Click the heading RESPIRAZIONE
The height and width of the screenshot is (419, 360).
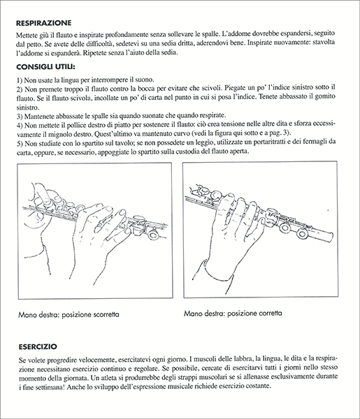pyautogui.click(x=44, y=23)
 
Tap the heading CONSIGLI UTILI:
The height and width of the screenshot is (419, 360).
pyautogui.click(x=45, y=67)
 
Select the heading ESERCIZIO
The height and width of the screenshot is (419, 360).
pyautogui.click(x=38, y=346)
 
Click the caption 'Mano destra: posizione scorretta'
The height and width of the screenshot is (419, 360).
pyautogui.click(x=69, y=314)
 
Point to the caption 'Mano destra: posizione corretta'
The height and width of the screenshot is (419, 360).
pyautogui.click(x=233, y=313)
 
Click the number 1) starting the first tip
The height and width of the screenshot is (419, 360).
pyautogui.click(x=20, y=80)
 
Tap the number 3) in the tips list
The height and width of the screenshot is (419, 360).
pyautogui.click(x=20, y=116)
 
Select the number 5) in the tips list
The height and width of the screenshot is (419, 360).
pyautogui.click(x=20, y=143)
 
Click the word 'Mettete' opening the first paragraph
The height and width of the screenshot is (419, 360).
pyautogui.click(x=26, y=35)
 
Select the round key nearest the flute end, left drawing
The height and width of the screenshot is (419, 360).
pyautogui.click(x=154, y=235)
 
